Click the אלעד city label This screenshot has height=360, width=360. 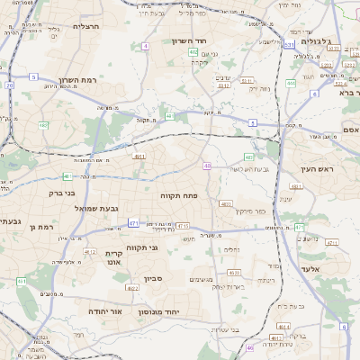click(x=334, y=269)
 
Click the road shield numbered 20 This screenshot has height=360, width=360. click(x=10, y=85)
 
